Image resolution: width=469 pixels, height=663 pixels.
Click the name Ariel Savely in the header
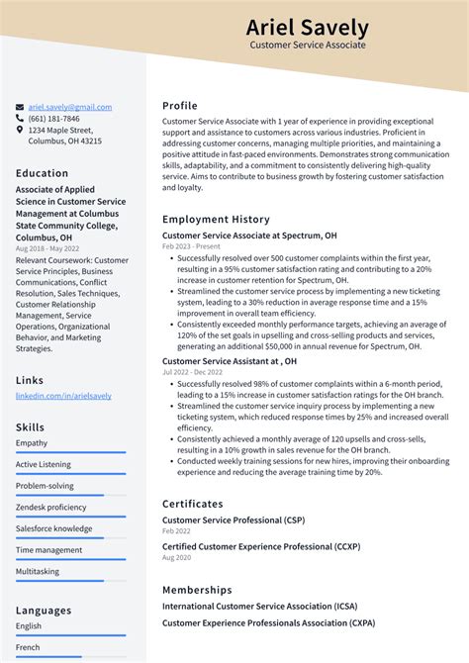pyautogui.click(x=307, y=28)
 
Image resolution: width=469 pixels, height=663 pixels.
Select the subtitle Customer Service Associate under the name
pyautogui.click(x=307, y=46)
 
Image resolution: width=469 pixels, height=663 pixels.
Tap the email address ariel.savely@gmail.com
pyautogui.click(x=70, y=107)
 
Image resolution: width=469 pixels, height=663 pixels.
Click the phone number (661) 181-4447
pyautogui.click(x=55, y=118)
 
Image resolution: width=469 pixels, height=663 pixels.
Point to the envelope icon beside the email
pyautogui.click(x=20, y=107)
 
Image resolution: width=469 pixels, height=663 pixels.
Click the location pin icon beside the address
pyautogui.click(x=20, y=130)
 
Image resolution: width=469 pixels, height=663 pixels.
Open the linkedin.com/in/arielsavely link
pyautogui.click(x=63, y=396)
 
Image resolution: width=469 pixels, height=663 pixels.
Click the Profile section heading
pyautogui.click(x=180, y=106)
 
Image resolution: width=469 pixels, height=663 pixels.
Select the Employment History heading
pyautogui.click(x=216, y=219)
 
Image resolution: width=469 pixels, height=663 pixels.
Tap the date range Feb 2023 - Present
pyautogui.click(x=191, y=246)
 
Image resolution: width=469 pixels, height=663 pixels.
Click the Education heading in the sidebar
pyautogui.click(x=42, y=173)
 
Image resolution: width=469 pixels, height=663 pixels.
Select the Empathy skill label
pyautogui.click(x=32, y=442)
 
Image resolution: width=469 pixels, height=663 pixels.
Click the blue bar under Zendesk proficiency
pyautogui.click(x=70, y=518)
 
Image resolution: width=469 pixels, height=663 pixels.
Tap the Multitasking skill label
pyautogui.click(x=38, y=571)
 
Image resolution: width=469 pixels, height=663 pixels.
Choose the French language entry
pyautogui.click(x=29, y=647)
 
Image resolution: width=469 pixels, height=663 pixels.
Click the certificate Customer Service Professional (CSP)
pyautogui.click(x=233, y=520)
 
